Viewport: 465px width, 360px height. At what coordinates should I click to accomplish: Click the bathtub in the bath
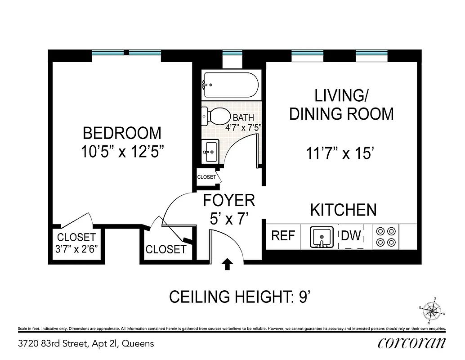coord(230,85)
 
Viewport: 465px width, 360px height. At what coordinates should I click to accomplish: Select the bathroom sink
coord(210,151)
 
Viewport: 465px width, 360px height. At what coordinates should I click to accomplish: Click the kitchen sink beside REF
coord(322,237)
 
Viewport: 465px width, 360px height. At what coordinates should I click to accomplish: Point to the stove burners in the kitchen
coord(386,237)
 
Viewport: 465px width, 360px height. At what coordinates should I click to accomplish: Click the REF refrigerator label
coord(283,236)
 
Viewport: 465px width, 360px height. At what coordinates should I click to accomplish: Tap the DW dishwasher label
coord(351,235)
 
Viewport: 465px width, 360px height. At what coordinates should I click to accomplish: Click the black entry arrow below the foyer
coord(227,264)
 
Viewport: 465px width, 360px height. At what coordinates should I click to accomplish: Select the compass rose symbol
coord(433,310)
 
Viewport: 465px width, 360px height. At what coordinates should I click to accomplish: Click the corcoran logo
coord(412,343)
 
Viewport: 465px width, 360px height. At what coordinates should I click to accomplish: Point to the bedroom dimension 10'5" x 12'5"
coord(122,152)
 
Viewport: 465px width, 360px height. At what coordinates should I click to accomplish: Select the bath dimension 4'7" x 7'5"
coord(243,127)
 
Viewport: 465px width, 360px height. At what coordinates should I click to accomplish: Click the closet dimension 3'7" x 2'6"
coord(76,248)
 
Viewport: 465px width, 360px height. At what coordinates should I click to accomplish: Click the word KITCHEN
coord(344,210)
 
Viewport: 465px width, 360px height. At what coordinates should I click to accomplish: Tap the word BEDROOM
coord(122,133)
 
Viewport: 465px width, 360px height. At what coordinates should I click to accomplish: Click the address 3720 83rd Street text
coord(86,344)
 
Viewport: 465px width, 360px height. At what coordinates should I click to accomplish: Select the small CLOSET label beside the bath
coord(206,177)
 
